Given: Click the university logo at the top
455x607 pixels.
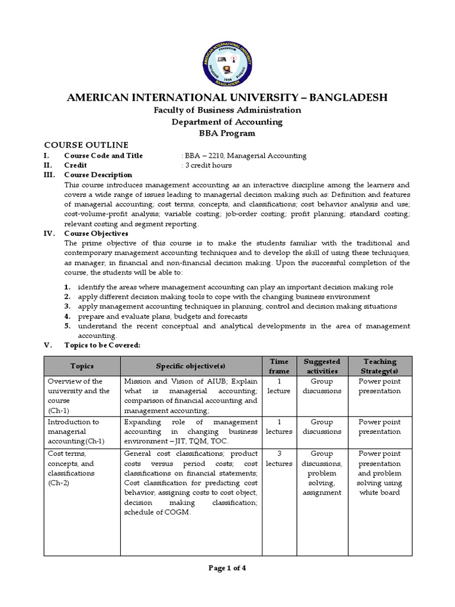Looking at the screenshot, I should pyautogui.click(x=227, y=54).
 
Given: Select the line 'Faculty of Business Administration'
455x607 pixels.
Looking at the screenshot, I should pyautogui.click(x=227, y=110).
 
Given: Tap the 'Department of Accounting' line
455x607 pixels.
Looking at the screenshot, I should pyautogui.click(x=227, y=122).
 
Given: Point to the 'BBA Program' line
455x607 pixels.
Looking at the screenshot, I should pyautogui.click(x=227, y=133).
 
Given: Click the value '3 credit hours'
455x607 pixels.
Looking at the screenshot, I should pyautogui.click(x=208, y=165).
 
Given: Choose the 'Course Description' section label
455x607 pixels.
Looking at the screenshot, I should pyautogui.click(x=98, y=175).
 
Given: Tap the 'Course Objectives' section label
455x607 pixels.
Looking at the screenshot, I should pyautogui.click(x=95, y=234).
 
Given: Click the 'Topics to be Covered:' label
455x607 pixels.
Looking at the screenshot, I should pyautogui.click(x=102, y=345).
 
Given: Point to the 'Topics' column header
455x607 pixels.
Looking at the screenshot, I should pyautogui.click(x=82, y=366).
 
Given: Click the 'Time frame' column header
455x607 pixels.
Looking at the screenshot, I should pyautogui.click(x=279, y=366).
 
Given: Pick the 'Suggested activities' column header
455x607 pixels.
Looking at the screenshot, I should pyautogui.click(x=322, y=366).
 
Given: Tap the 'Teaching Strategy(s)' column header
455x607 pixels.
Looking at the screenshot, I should pyautogui.click(x=380, y=366).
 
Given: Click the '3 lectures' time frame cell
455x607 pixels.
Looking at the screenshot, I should pyautogui.click(x=279, y=459).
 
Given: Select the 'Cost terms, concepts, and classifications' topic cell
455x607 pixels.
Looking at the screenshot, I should pyautogui.click(x=74, y=468).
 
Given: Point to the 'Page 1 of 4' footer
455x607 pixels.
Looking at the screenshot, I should pyautogui.click(x=227, y=567).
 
